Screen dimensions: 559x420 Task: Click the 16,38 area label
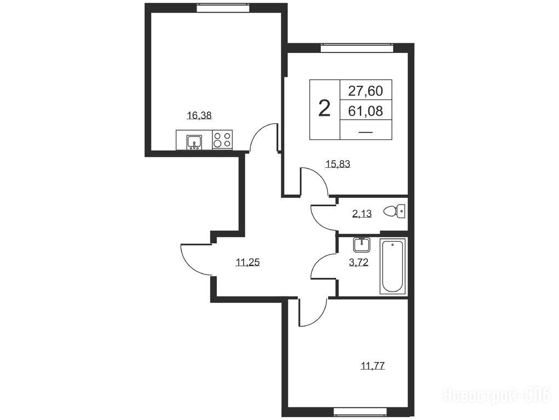coord(199,115)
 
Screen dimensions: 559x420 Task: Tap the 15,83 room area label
coord(338,164)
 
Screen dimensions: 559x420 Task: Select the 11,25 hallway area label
coord(248,262)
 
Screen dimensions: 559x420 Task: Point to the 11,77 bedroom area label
coord(373,366)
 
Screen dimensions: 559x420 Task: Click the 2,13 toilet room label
coord(362,214)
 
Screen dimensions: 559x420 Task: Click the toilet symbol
coord(394,211)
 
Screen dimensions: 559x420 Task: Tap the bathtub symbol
coord(393,266)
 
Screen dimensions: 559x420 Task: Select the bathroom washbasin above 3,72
coord(362,244)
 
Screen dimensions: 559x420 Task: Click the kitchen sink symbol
coord(194,142)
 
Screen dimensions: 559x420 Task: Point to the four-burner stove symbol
coord(222,140)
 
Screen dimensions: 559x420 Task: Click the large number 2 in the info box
coord(324,108)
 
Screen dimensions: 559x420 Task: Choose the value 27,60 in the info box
coord(365,91)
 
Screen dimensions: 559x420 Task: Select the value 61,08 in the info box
coord(365,111)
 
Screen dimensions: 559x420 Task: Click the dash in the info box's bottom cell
coord(365,132)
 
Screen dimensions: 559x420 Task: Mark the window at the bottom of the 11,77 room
coord(360,412)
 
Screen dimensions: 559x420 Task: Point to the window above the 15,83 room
coord(357,48)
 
